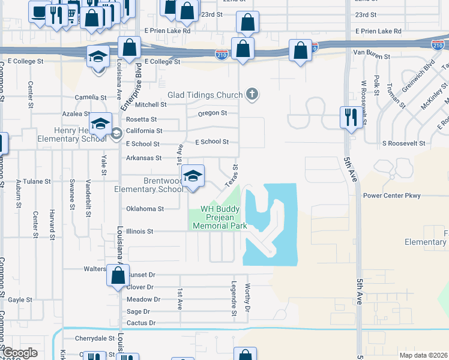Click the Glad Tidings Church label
[x=205, y=95]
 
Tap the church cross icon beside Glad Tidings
[x=253, y=94]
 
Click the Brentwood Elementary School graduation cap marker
[x=193, y=176]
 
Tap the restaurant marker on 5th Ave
[x=351, y=117]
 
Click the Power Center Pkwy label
[x=392, y=196]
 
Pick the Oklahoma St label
[x=145, y=209]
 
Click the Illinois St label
[x=140, y=231]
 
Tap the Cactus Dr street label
[x=141, y=323]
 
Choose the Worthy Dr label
[x=247, y=298]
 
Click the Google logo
[x=20, y=353]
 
